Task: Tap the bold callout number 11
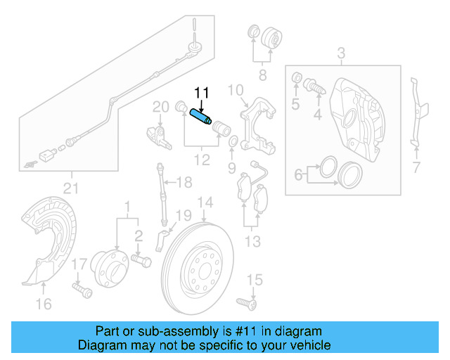(x=202, y=93)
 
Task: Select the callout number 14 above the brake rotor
(x=204, y=205)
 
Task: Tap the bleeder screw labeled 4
(x=314, y=88)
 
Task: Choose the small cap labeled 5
(x=296, y=77)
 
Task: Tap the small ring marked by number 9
(x=232, y=145)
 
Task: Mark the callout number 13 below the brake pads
(x=252, y=242)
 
